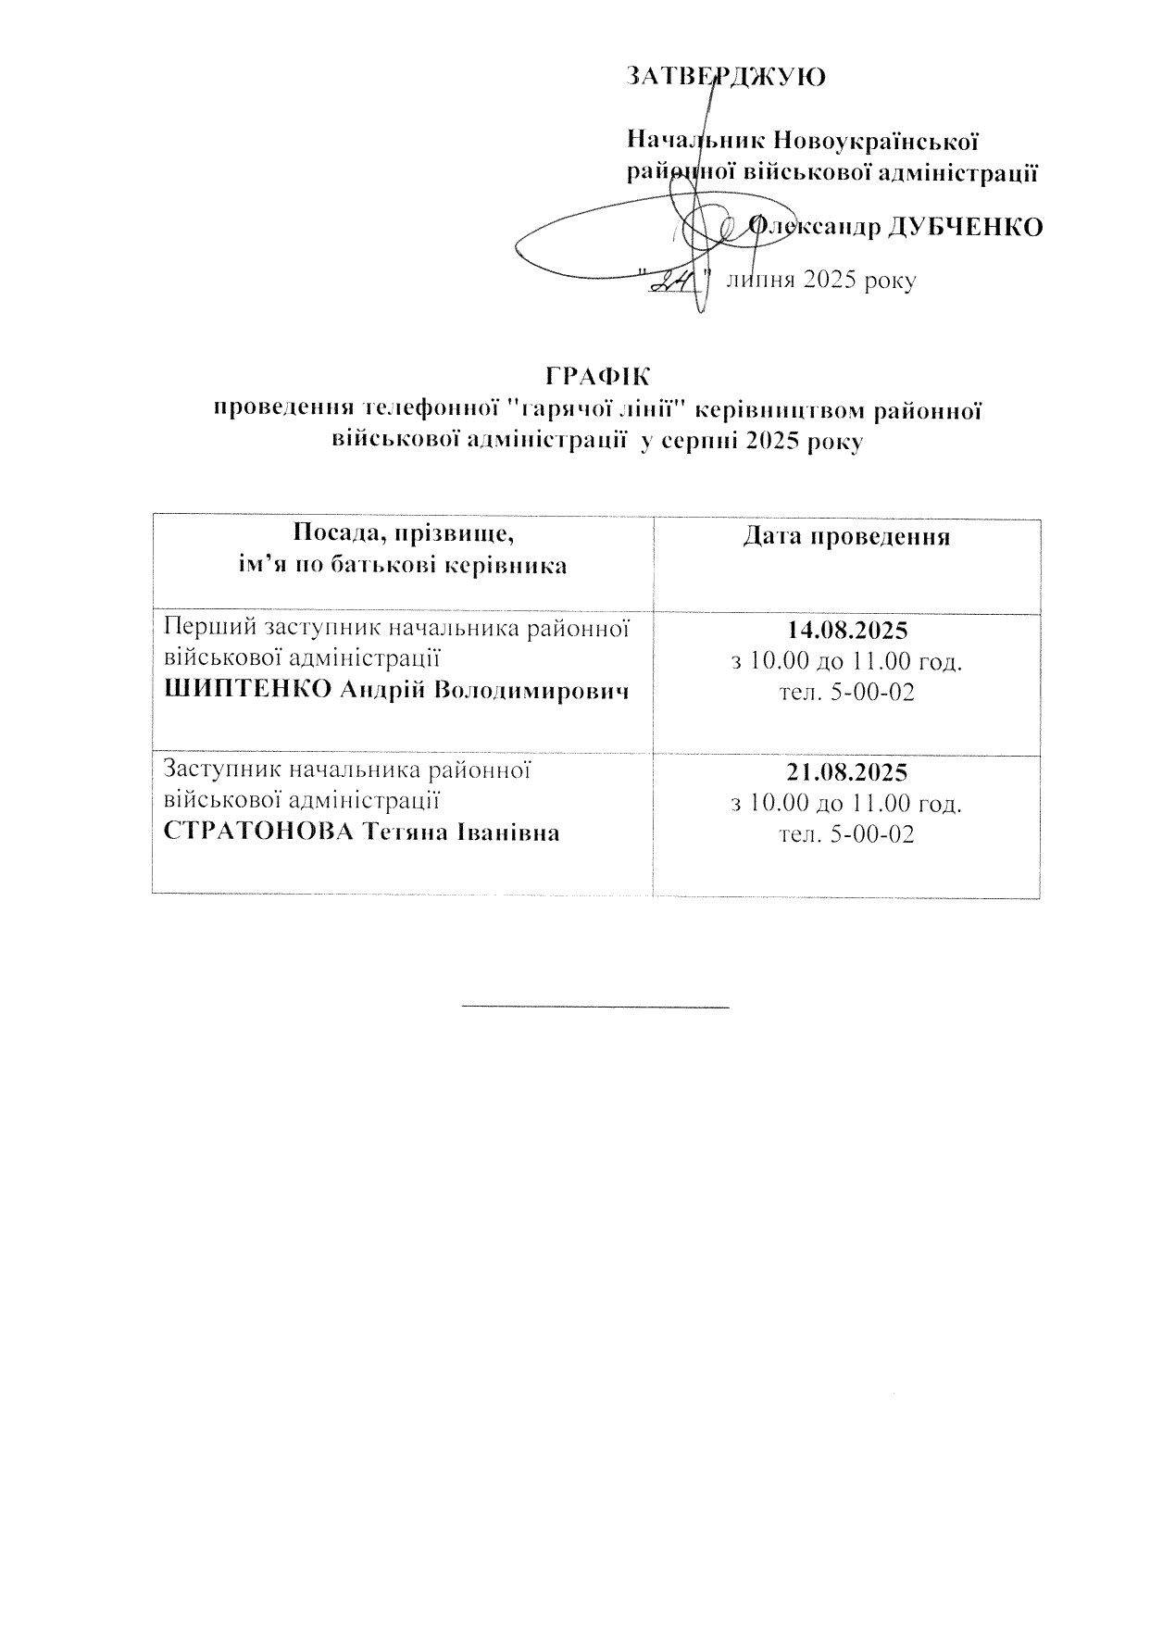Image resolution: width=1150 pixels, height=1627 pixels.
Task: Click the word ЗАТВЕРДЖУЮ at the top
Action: pyautogui.click(x=726, y=76)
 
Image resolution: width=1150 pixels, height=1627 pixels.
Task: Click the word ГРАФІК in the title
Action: pyautogui.click(x=597, y=376)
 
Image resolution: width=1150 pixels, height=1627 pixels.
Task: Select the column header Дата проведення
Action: pyautogui.click(x=846, y=538)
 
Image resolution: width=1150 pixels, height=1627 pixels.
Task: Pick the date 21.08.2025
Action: pyautogui.click(x=846, y=772)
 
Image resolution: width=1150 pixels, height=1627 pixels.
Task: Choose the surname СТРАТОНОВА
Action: pyautogui.click(x=259, y=832)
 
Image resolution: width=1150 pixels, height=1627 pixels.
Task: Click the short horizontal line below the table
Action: pyautogui.click(x=595, y=1005)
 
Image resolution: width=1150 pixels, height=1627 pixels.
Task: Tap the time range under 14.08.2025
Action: pyautogui.click(x=846, y=662)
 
